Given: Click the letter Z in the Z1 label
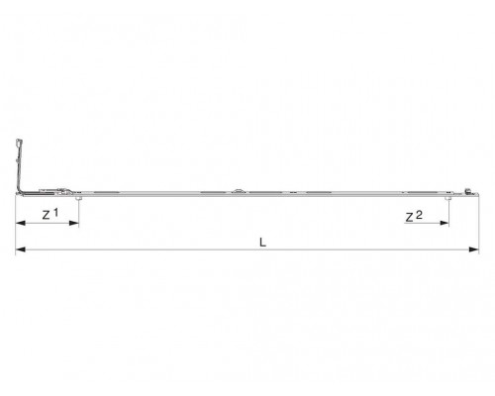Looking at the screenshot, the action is point(47,216).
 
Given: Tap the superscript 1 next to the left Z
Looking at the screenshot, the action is point(55,213).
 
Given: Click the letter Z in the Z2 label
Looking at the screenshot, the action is point(409,218).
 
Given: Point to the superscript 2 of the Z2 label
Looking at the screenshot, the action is point(419,215).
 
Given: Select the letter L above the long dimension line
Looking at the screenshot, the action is point(262,243).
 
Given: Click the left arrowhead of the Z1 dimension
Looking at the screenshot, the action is point(21,224).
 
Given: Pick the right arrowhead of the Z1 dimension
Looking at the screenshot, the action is point(74,224).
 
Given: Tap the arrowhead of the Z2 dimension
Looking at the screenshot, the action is point(445,224).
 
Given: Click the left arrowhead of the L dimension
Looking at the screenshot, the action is point(21,249).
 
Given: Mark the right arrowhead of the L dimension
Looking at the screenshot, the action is point(474,249).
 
